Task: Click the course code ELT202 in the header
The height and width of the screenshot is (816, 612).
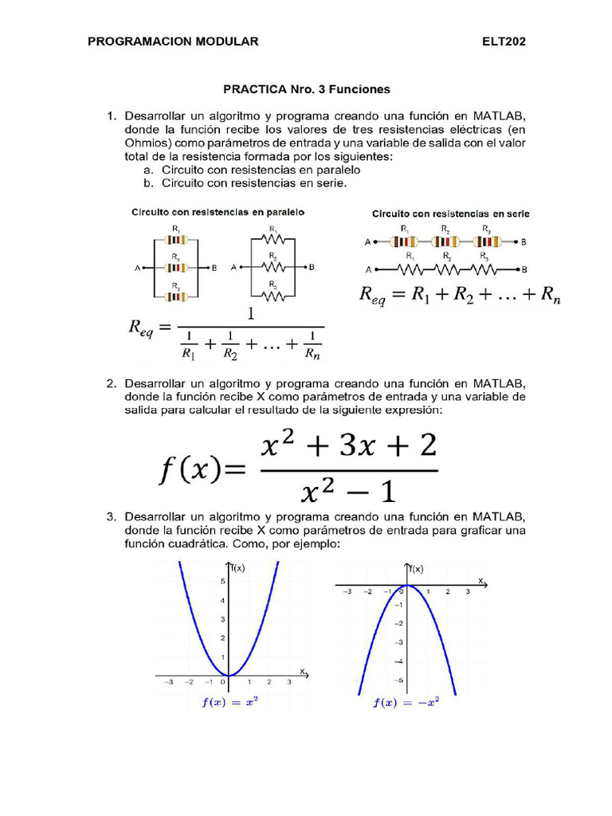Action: [x=504, y=41]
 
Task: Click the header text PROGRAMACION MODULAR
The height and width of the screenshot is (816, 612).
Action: [x=173, y=41]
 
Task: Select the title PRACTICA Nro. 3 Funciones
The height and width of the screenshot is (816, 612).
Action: [x=307, y=89]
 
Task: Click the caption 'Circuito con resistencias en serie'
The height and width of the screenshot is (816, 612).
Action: [x=451, y=214]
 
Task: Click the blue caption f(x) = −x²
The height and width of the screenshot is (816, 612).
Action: [x=406, y=703]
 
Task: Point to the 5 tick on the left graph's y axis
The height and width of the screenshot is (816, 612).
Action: [x=222, y=582]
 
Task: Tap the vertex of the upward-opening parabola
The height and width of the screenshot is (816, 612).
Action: [x=229, y=676]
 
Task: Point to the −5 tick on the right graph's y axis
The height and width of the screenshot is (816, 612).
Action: [x=399, y=680]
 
